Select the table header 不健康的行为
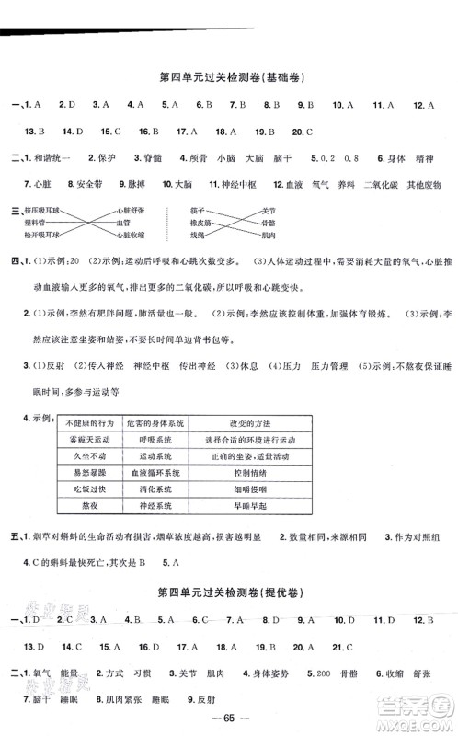tap(89, 422)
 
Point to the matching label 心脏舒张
tap(129, 211)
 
